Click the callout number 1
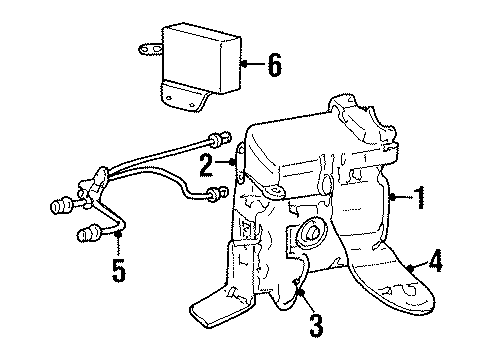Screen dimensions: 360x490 [421, 197]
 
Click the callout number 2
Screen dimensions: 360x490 [206, 164]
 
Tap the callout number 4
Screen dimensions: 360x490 [436, 266]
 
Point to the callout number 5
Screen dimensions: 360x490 [118, 270]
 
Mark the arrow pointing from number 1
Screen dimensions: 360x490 [400, 197]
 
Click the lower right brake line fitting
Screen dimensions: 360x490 [213, 194]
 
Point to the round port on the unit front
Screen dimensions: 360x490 [305, 237]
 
